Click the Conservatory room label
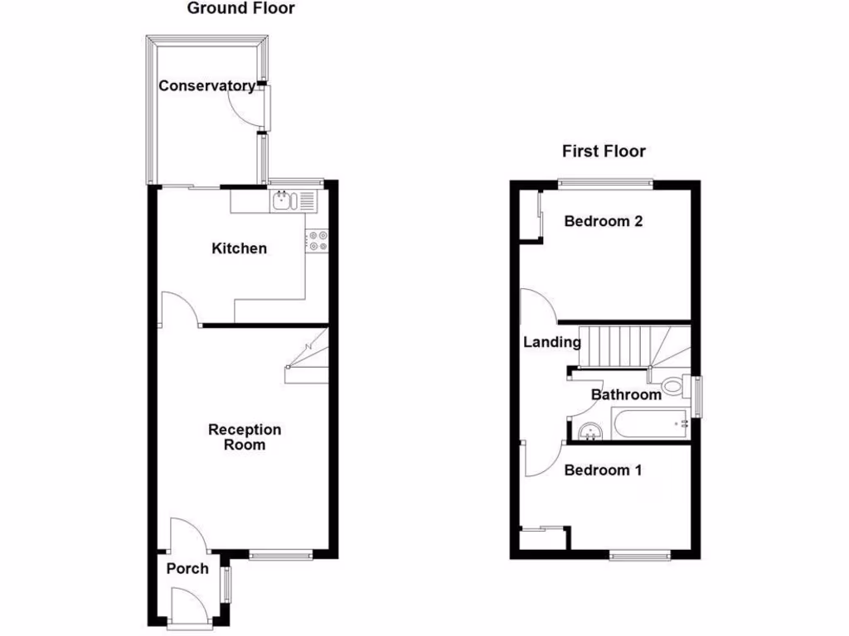206,86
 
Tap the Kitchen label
240,248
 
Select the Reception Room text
245,437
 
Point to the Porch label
187,569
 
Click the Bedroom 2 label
604,221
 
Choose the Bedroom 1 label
603,470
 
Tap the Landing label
551,342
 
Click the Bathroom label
626,395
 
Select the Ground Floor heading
241,9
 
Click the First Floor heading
604,151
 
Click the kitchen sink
283,200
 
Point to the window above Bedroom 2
604,182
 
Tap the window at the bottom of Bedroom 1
641,555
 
